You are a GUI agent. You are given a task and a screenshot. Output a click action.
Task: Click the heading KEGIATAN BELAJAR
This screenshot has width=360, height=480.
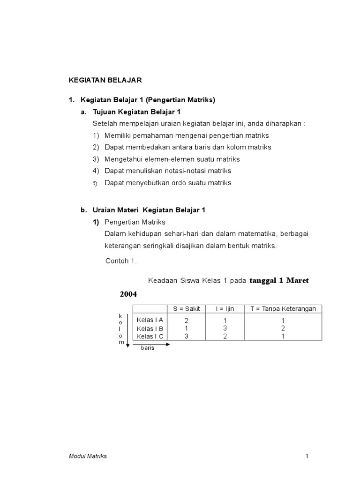click(x=105, y=80)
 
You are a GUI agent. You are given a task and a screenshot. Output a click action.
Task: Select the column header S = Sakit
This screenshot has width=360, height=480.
click(x=186, y=308)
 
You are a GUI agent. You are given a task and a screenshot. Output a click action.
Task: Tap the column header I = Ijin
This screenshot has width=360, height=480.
click(x=225, y=308)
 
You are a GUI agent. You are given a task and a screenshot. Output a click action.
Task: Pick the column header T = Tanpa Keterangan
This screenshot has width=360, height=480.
click(x=283, y=308)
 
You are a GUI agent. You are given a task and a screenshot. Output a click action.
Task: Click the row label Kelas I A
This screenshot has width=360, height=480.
click(x=150, y=320)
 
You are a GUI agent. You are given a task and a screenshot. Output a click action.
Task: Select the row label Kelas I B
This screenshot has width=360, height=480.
click(x=150, y=328)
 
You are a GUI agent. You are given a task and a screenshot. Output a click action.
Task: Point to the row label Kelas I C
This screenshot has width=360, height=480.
click(x=150, y=336)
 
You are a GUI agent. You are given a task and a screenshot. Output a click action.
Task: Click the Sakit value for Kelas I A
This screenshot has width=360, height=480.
click(x=186, y=321)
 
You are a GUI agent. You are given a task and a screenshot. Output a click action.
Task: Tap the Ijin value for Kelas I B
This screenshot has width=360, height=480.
click(x=225, y=329)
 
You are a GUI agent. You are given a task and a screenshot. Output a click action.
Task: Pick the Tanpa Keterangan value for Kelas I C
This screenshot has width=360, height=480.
click(x=283, y=337)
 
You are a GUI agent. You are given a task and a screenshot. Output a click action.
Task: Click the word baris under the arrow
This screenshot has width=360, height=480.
click(x=148, y=348)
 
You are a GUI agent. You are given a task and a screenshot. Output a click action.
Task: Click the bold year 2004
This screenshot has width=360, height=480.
click(x=127, y=294)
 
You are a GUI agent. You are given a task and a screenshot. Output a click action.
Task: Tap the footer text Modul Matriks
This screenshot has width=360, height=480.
click(x=88, y=456)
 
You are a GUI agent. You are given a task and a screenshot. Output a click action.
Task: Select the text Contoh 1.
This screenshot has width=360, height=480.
click(x=121, y=261)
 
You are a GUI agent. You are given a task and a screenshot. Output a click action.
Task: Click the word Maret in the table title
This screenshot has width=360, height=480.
click(x=297, y=280)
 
